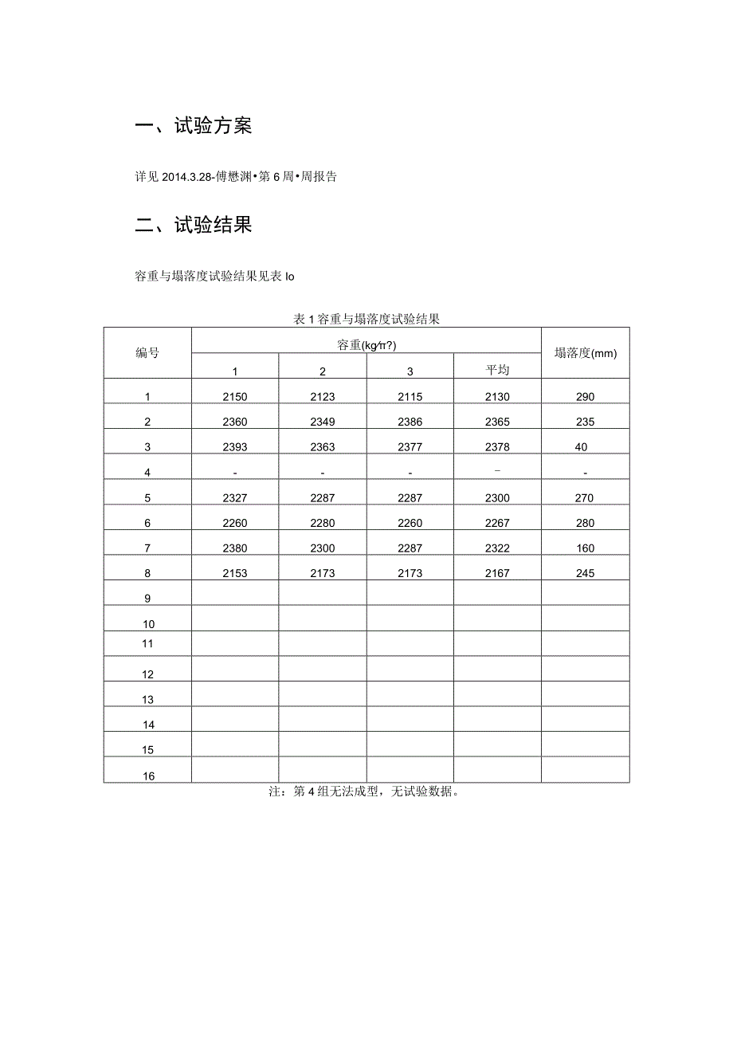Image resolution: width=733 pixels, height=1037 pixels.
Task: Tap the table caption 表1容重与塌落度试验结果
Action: point(366,319)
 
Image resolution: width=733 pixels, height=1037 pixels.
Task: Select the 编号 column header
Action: point(147,352)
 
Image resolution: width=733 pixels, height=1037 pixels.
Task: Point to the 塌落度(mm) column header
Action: point(586,353)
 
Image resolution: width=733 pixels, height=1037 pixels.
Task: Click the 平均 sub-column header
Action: point(497,370)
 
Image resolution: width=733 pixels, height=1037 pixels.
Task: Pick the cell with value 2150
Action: point(235,397)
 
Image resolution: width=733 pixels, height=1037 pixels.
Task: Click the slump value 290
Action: point(585,397)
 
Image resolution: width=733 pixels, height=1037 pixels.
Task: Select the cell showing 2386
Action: point(410,422)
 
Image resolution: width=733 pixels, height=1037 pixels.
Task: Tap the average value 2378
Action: point(497,447)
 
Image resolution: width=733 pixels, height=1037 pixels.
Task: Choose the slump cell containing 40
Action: point(582,447)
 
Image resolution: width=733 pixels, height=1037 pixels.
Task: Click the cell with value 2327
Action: point(235,498)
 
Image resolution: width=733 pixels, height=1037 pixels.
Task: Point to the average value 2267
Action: point(497,523)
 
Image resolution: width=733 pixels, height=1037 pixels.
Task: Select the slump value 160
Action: point(585,548)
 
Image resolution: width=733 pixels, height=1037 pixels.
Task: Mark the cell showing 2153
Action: point(235,573)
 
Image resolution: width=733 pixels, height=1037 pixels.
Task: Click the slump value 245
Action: point(585,573)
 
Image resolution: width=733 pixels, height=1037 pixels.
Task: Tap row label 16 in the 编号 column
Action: point(148,776)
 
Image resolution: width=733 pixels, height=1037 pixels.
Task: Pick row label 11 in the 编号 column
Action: point(148,643)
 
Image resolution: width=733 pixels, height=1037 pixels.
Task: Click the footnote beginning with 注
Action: point(366,792)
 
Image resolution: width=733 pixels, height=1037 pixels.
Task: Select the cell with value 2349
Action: point(323,422)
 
